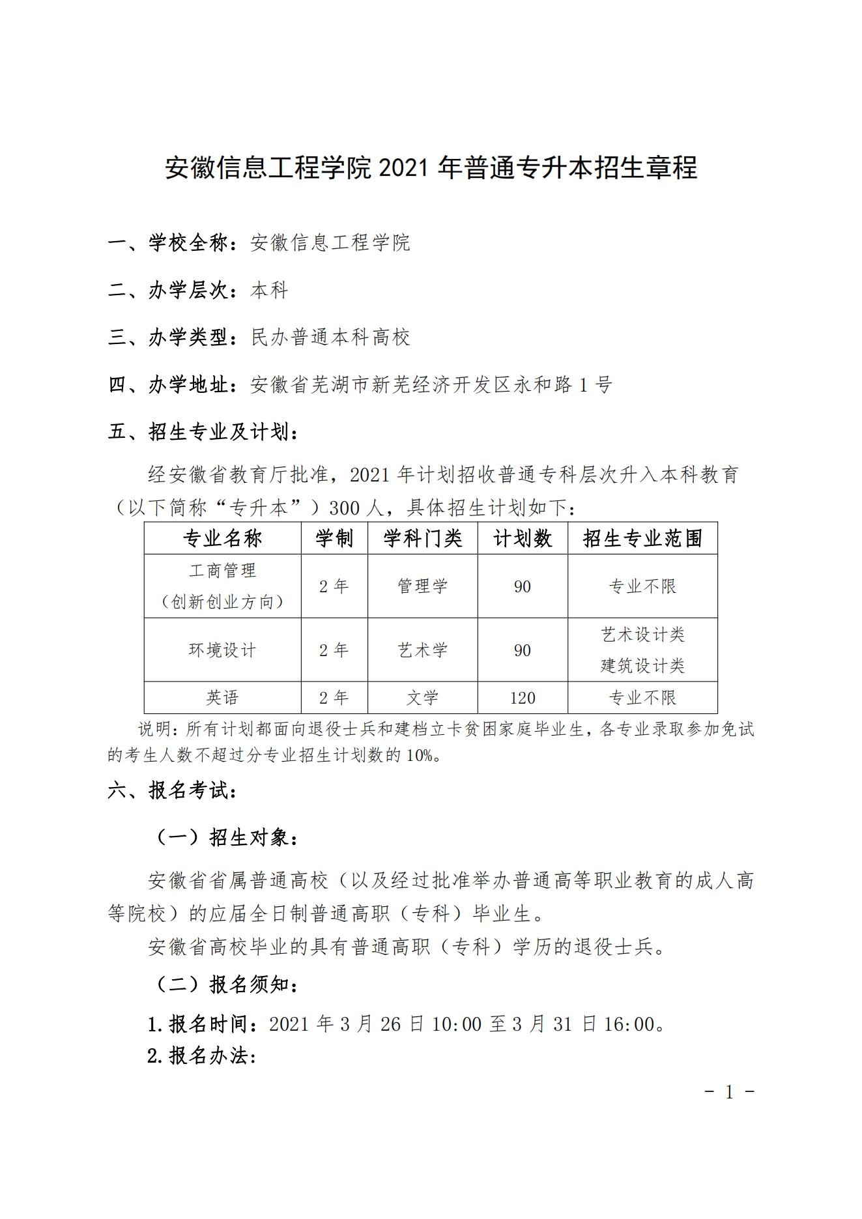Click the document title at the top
(x=431, y=168)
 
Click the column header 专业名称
(x=222, y=539)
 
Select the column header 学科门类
(x=422, y=539)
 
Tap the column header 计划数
(x=523, y=539)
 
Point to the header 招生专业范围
(x=642, y=539)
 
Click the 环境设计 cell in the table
(x=222, y=650)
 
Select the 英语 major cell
(x=222, y=698)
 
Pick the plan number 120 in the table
(x=523, y=698)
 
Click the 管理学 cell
(x=422, y=586)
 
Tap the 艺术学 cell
(x=422, y=650)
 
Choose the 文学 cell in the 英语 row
(x=422, y=698)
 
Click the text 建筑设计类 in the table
(x=642, y=666)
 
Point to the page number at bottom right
(x=729, y=1092)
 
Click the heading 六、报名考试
(x=172, y=791)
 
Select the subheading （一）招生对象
(x=225, y=838)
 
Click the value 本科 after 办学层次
(x=269, y=291)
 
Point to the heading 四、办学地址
(x=172, y=385)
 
